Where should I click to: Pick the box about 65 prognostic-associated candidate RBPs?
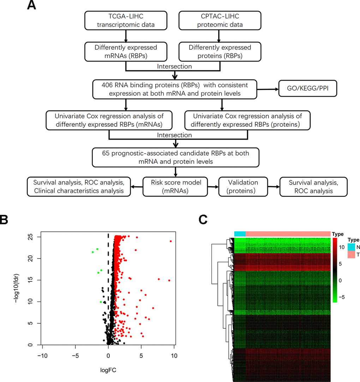coord(175,158)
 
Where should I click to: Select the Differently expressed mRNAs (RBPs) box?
coord(126,51)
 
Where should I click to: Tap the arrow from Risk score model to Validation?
coord(213,187)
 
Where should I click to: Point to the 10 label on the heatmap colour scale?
coord(341,247)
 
